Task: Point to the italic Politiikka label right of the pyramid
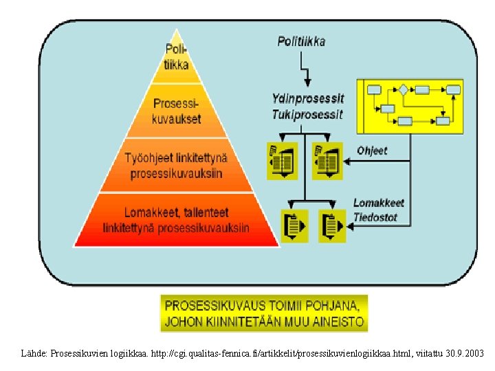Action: [301, 41]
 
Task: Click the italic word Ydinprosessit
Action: [308, 99]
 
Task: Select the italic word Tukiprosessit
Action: [307, 113]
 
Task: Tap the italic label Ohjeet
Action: [372, 150]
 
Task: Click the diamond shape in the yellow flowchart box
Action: [403, 89]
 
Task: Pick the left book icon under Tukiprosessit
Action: [282, 160]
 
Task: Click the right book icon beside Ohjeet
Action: [327, 160]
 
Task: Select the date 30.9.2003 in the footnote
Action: [463, 353]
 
